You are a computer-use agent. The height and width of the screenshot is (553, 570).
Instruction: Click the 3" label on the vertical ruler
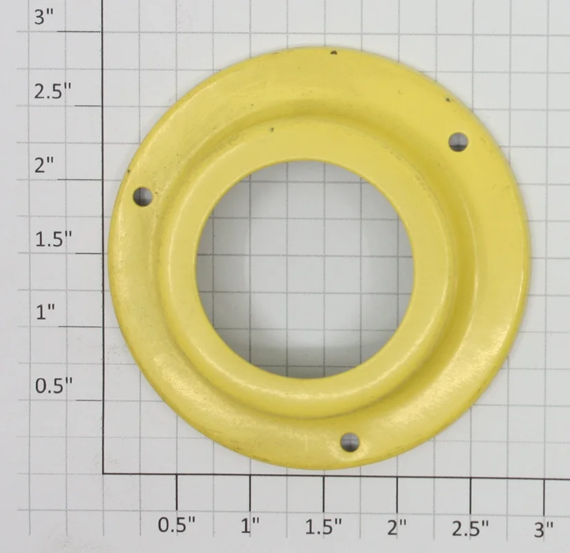[x=44, y=17]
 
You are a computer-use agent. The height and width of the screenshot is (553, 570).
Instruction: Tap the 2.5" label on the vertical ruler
[x=53, y=91]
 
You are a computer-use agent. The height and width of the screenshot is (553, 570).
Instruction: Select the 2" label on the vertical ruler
[x=44, y=165]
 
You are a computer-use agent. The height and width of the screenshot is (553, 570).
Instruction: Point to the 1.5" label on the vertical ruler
[x=53, y=238]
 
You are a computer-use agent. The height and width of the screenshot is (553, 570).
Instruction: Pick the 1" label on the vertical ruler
[x=46, y=312]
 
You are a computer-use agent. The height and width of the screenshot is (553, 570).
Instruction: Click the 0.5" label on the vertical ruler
[x=54, y=386]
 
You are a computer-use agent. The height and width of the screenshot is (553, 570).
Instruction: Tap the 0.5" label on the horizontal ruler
[x=177, y=525]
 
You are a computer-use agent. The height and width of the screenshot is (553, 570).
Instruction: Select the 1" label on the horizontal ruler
[x=251, y=525]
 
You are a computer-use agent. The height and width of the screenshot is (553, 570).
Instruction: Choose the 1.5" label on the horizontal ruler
[x=323, y=527]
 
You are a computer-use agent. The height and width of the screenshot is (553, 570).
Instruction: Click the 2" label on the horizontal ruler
[x=397, y=527]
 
